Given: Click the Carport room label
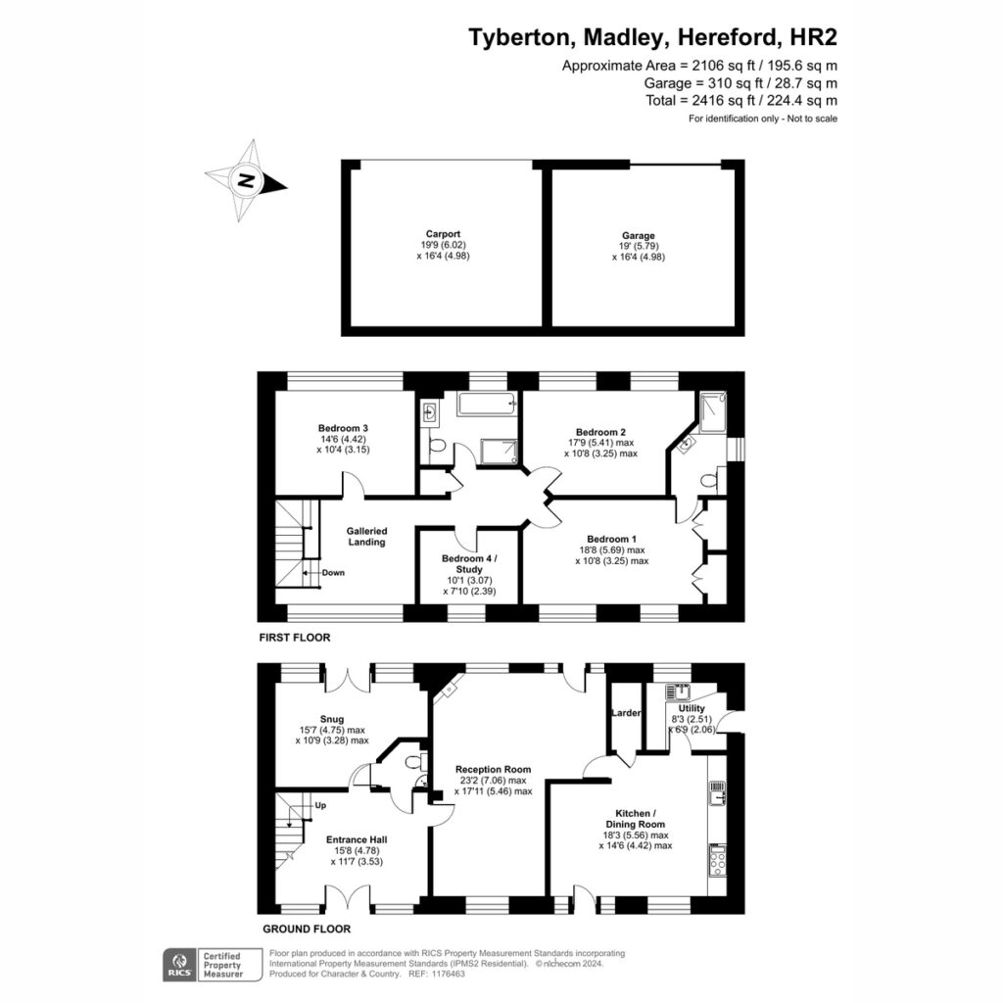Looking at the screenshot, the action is (443, 234).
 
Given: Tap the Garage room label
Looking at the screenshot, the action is (638, 235).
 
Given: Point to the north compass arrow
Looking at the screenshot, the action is (246, 180).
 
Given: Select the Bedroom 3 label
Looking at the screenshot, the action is (343, 428).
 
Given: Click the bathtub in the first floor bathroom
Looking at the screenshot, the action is (487, 404).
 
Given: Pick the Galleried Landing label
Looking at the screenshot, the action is (366, 536).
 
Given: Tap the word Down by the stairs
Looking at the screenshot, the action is (333, 572).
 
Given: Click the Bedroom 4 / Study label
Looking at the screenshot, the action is (469, 563).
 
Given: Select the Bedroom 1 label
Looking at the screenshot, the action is (611, 539).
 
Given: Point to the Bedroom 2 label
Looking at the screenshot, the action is (600, 432).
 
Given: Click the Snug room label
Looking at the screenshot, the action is (331, 719).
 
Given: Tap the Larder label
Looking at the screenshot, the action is (626, 713).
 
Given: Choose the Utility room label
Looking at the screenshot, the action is (692, 708).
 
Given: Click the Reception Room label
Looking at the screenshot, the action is (494, 770).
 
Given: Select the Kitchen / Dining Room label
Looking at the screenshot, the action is (635, 819).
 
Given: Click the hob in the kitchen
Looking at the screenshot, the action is (717, 860).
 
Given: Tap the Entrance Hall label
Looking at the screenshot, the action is (357, 839).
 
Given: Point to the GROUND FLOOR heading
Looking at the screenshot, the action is (307, 929).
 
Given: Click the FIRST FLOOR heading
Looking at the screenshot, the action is (295, 638).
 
